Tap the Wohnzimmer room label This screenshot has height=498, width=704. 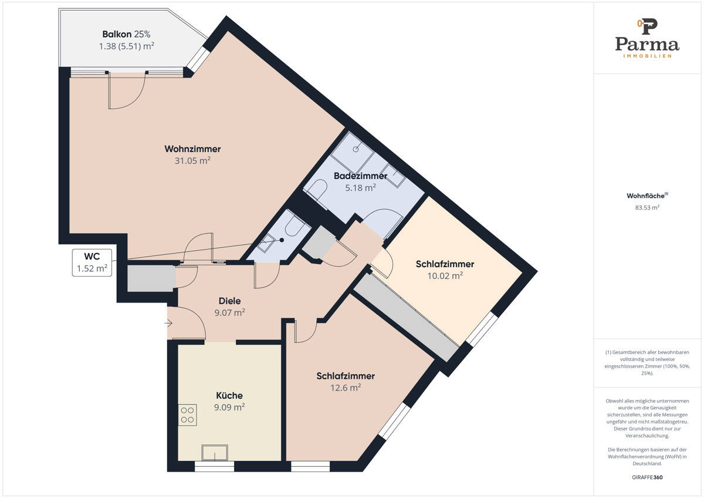click(192, 149)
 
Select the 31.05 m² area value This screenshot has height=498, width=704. click(192, 160)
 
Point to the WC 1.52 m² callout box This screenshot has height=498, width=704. click(92, 263)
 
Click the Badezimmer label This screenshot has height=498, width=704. click(360, 176)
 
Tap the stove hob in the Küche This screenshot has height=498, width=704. click(188, 415)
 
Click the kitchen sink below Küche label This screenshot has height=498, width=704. click(215, 453)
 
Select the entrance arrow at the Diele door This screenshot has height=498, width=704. click(168, 323)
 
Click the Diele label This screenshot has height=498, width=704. click(229, 301)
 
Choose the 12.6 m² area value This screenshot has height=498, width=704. click(346, 388)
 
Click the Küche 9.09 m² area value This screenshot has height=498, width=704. click(229, 407)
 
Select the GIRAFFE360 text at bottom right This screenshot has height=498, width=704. click(647, 477)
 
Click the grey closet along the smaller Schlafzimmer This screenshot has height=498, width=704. click(407, 317)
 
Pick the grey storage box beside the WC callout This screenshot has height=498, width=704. click(151, 278)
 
